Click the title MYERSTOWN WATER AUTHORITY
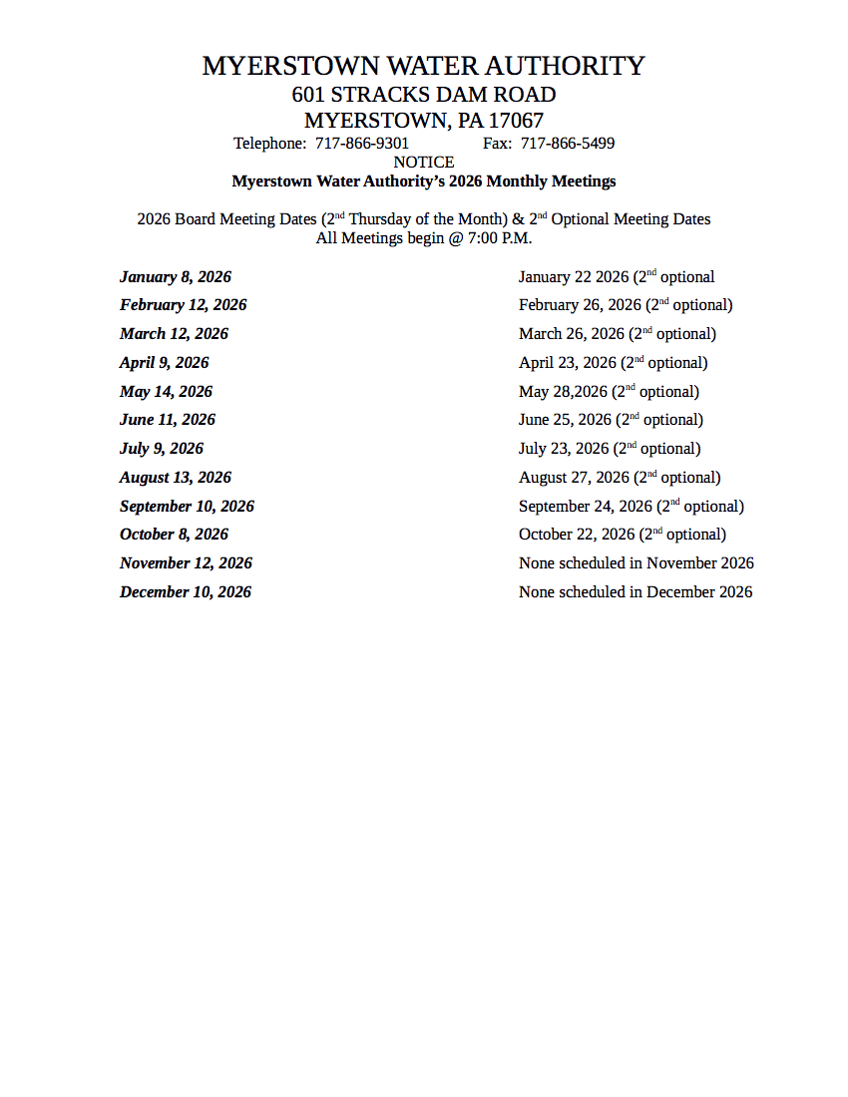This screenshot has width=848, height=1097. (423, 66)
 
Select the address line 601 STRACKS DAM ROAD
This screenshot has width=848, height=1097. (423, 95)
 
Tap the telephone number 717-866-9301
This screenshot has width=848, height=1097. (362, 144)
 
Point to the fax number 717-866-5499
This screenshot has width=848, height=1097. (568, 144)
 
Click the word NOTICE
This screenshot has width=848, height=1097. (424, 163)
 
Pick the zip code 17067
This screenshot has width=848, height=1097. (516, 122)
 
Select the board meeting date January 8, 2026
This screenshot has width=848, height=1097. (176, 277)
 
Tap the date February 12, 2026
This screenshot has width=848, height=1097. (184, 305)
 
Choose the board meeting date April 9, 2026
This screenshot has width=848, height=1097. (165, 363)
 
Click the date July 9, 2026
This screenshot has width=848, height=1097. (162, 449)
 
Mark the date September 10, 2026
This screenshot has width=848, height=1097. (187, 507)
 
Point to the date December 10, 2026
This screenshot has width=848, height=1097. (186, 592)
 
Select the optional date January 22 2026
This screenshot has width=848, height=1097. (574, 277)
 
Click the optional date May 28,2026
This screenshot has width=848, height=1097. (563, 392)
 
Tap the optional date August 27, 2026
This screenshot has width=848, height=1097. (574, 478)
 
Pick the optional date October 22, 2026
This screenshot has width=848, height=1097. (577, 535)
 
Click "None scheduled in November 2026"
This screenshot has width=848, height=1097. (636, 563)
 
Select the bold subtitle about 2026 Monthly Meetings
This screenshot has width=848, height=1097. (424, 182)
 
